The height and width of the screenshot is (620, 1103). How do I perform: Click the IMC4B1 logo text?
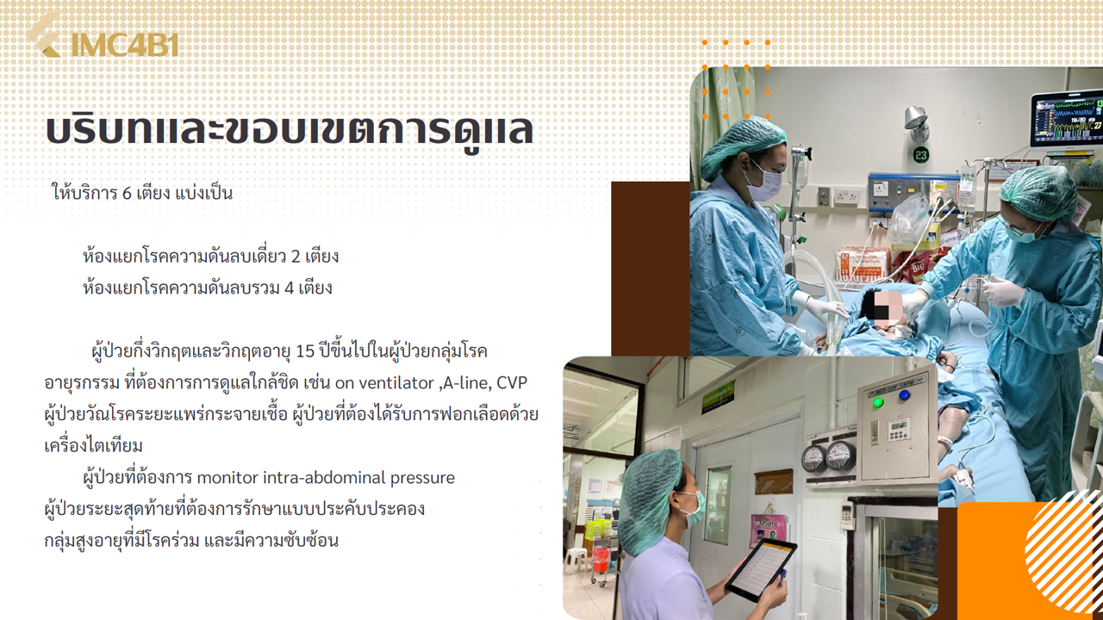[125, 45]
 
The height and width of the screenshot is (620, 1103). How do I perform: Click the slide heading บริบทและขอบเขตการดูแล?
[290, 130]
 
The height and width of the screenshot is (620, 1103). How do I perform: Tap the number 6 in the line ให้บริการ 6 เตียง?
[127, 194]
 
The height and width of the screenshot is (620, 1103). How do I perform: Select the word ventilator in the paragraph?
[391, 383]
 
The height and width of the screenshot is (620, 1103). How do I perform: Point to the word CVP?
[512, 383]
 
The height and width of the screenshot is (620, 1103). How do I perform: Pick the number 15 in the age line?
[305, 351]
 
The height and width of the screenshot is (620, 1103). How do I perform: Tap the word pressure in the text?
[422, 478]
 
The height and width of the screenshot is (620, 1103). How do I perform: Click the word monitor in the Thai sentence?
[227, 477]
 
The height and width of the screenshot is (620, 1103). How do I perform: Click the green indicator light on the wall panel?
[877, 402]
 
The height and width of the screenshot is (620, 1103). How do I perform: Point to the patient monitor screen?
[1069, 121]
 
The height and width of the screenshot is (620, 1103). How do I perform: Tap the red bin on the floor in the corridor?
[601, 559]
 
